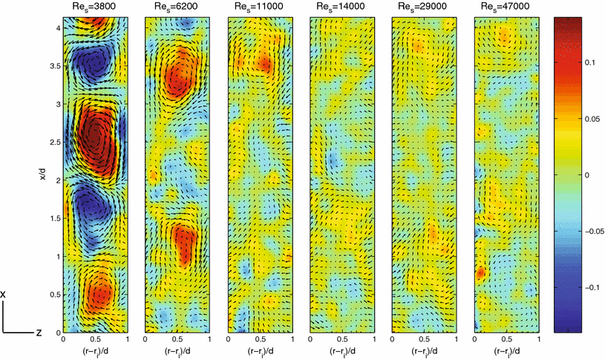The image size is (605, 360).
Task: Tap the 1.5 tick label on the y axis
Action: (x=53, y=218)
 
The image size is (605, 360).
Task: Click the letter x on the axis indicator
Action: (x=4, y=295)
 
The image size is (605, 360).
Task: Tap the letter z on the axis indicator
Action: (x=38, y=333)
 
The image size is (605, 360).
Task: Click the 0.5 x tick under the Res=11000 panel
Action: (x=259, y=340)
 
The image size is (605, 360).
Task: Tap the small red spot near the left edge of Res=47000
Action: (x=480, y=273)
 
